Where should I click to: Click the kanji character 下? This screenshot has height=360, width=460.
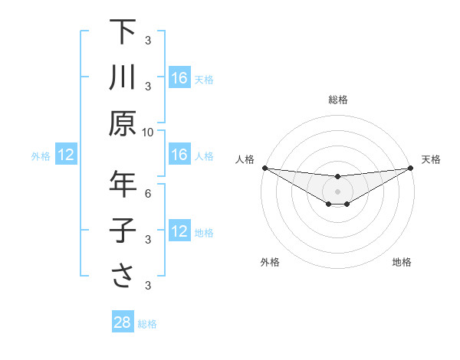coord(123,33)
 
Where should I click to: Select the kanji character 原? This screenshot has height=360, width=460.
coord(123,123)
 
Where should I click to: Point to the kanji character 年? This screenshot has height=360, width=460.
coord(123,185)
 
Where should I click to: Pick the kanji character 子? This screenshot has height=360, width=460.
coord(123,231)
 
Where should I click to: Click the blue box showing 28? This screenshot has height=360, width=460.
coord(123,322)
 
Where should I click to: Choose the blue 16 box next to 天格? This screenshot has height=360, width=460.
coord(179,78)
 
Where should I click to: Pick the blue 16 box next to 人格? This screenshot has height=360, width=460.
coord(179,155)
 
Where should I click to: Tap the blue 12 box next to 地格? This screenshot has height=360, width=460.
coord(179,232)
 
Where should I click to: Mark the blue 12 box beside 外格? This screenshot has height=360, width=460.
coord(66,155)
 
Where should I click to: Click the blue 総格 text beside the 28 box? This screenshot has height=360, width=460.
coord(147,324)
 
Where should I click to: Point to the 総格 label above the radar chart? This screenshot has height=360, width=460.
coord(337,100)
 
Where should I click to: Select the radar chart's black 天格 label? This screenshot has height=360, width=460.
coord(431,159)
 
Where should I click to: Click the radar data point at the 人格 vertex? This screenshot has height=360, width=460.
coord(264,168)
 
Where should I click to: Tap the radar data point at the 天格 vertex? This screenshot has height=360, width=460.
coord(411,168)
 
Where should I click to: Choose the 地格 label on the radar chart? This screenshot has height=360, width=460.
coord(402,262)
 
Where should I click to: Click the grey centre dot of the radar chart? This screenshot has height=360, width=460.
coord(337,191)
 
